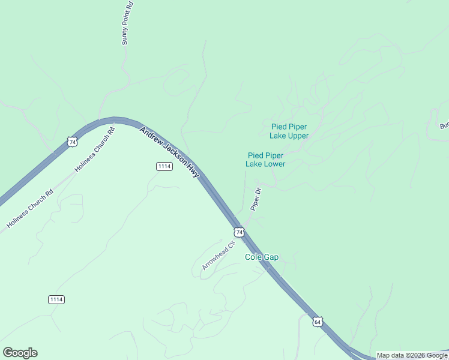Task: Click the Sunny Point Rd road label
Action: tap(127, 23)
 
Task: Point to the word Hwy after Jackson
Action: tap(193, 170)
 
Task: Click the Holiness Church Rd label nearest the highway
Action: tap(94, 151)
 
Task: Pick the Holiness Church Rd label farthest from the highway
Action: tap(30, 208)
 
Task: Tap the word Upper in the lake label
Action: tap(298, 136)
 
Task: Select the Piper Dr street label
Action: tap(256, 199)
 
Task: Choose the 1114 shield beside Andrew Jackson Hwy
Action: tap(164, 166)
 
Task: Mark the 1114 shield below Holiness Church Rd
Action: tap(56, 299)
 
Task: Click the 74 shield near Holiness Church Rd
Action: tap(73, 142)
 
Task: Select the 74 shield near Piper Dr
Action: tap(239, 232)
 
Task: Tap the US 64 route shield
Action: tap(317, 322)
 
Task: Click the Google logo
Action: tap(20, 353)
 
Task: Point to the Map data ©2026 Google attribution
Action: tap(412, 355)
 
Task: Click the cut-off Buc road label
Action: tap(444, 126)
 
